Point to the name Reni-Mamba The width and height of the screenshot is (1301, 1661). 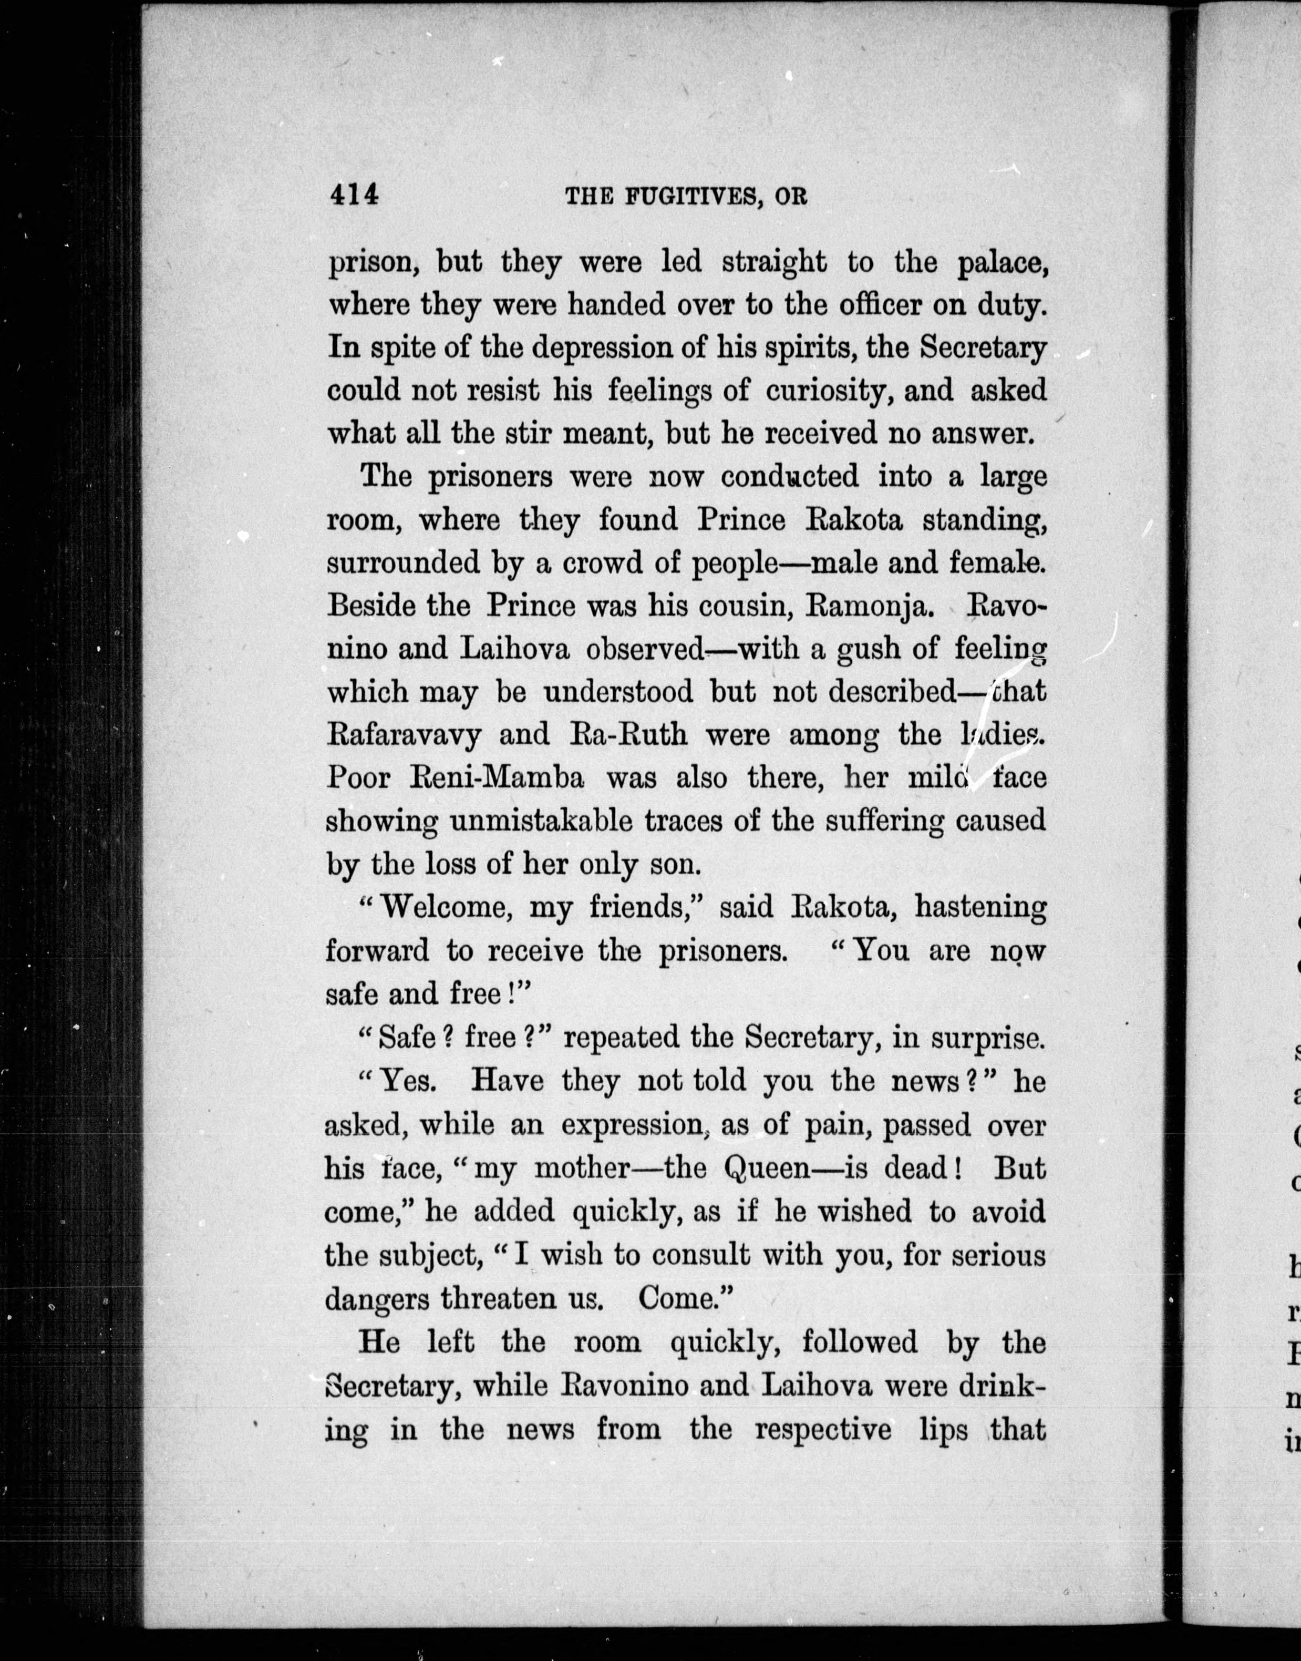(456, 778)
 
